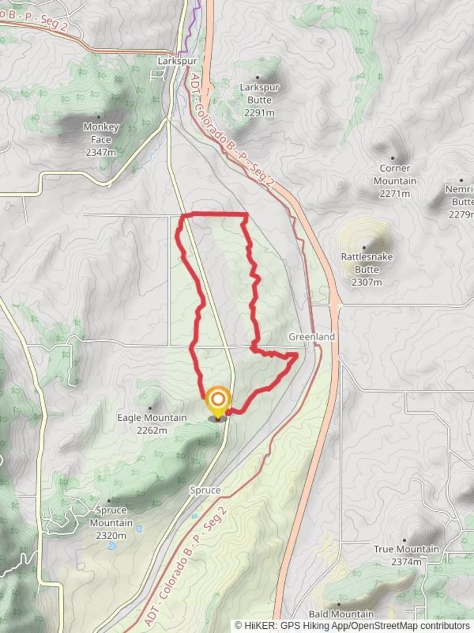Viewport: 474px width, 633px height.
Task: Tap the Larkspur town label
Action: (177, 60)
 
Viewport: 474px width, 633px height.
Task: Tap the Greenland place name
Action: (311, 337)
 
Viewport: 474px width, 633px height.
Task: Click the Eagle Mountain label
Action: (152, 418)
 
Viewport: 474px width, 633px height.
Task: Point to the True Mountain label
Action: (406, 549)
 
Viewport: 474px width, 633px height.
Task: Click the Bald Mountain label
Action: (341, 614)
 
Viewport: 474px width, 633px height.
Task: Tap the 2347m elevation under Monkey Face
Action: (101, 152)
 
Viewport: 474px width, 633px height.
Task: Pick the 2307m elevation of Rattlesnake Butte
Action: (367, 283)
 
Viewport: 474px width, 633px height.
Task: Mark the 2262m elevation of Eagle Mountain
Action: (152, 431)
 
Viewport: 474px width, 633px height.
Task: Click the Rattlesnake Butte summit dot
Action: (364, 247)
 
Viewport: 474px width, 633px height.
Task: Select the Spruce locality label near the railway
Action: (205, 490)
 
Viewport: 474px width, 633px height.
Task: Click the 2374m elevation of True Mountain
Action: (406, 562)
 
